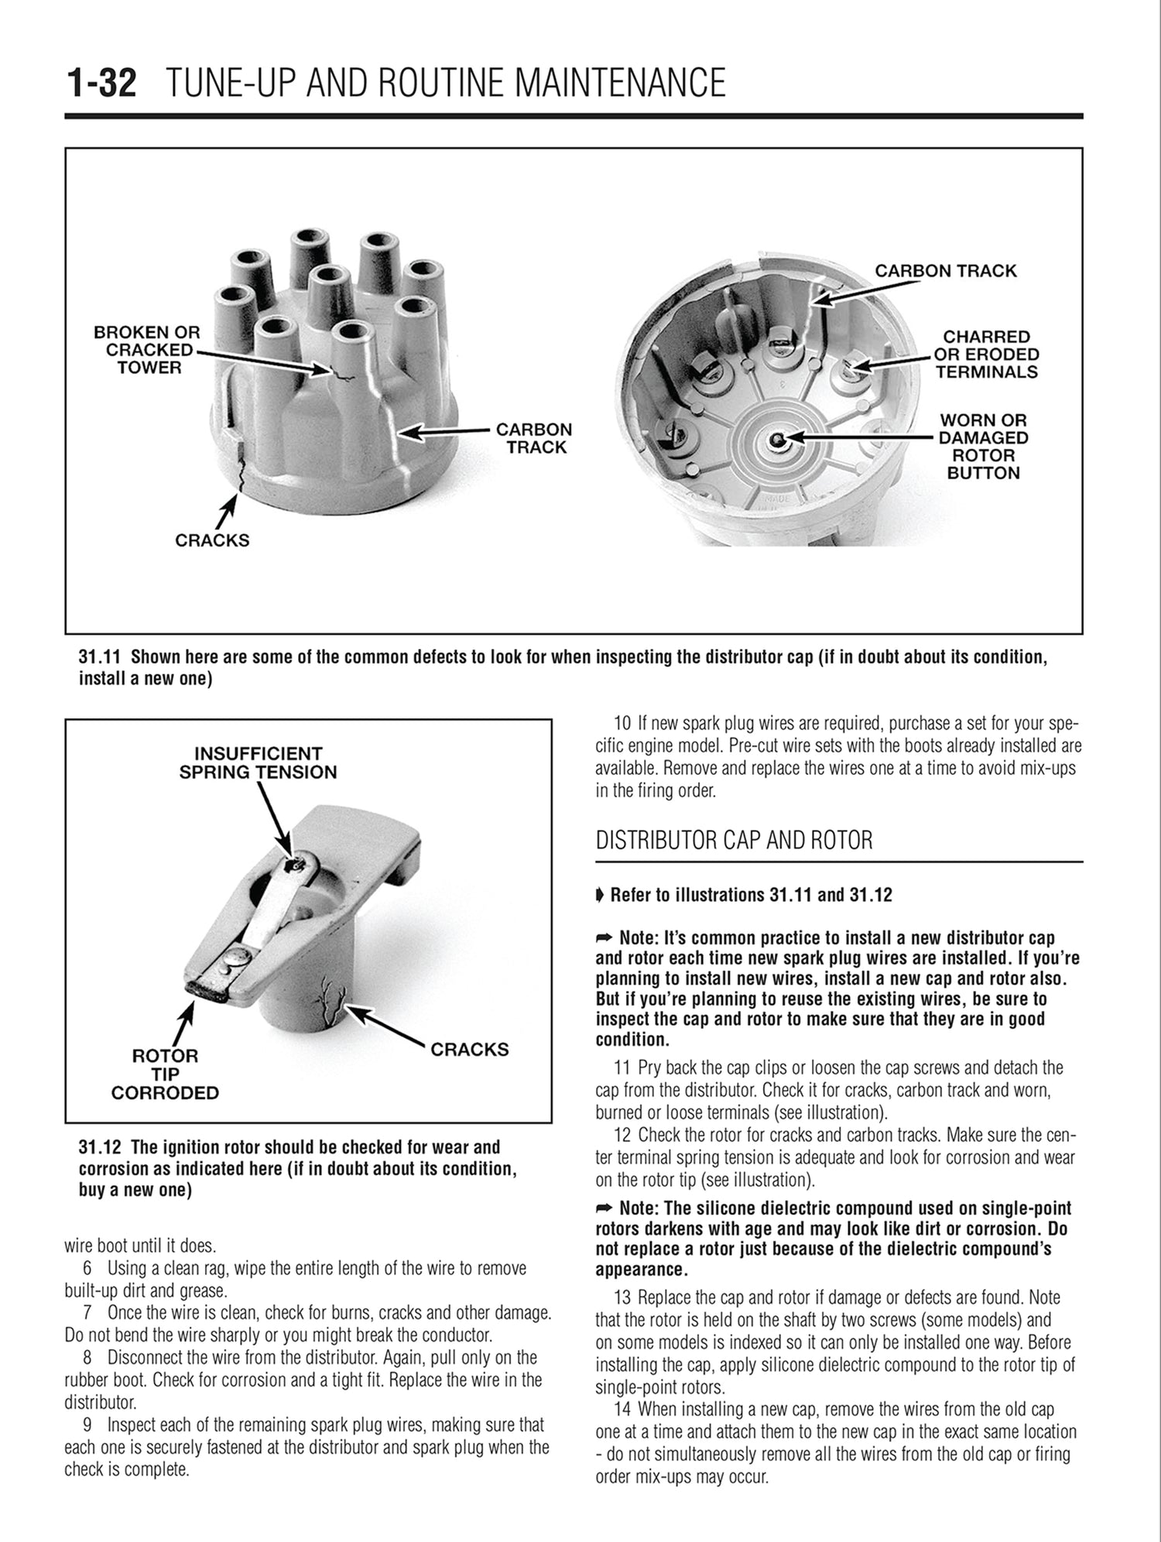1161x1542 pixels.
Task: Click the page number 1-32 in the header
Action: pyautogui.click(x=102, y=84)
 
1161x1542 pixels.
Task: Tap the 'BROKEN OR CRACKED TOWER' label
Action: pyautogui.click(x=147, y=350)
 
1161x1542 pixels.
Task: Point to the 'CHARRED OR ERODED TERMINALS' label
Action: pyautogui.click(x=986, y=355)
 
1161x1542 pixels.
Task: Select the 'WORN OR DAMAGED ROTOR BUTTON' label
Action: pyautogui.click(x=983, y=447)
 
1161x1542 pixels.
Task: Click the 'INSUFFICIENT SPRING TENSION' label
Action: pyautogui.click(x=258, y=762)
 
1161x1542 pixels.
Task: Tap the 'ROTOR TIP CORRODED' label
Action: pyautogui.click(x=165, y=1074)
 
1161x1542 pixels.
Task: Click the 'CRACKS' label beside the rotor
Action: pyautogui.click(x=470, y=1050)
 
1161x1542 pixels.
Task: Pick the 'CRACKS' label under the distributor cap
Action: pyautogui.click(x=212, y=540)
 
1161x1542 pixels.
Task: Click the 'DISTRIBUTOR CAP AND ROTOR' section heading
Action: pyautogui.click(x=734, y=841)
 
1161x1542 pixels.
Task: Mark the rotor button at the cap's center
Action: pyautogui.click(x=777, y=439)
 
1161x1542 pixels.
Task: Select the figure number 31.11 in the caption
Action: pyautogui.click(x=101, y=657)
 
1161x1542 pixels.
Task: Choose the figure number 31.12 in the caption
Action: pyautogui.click(x=101, y=1147)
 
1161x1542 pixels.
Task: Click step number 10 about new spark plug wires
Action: pyautogui.click(x=622, y=725)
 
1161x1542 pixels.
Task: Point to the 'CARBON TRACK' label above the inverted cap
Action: pyautogui.click(x=945, y=271)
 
